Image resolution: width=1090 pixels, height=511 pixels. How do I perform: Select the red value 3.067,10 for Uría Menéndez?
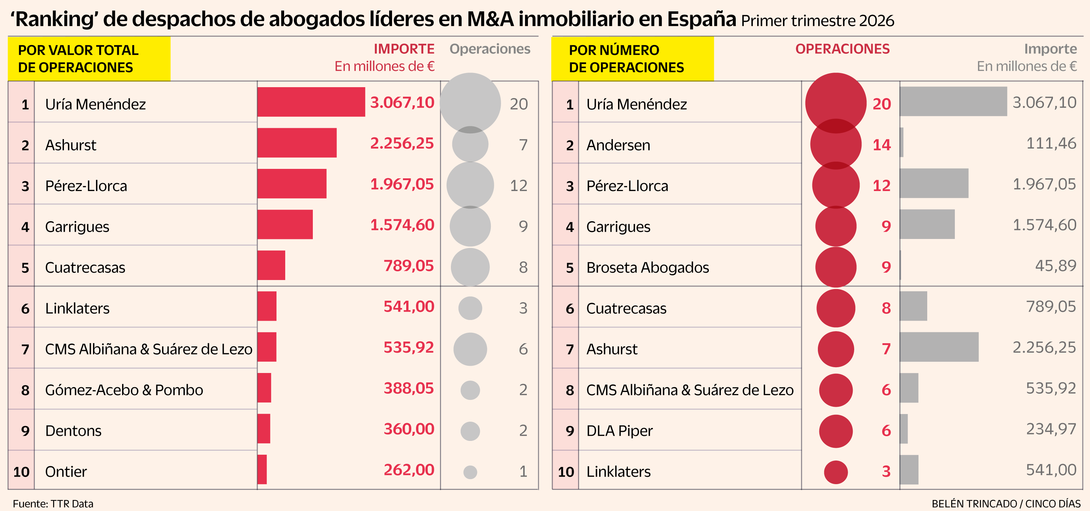(401, 103)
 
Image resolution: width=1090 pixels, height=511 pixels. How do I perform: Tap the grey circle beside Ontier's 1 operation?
(470, 472)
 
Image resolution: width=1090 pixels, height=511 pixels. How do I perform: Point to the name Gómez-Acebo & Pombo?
(124, 390)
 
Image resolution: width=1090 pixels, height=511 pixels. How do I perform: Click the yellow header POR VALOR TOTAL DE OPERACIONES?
(89, 59)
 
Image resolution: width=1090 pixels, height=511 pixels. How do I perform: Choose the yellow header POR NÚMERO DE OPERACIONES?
(632, 59)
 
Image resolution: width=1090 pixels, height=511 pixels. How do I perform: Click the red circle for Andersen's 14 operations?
(836, 145)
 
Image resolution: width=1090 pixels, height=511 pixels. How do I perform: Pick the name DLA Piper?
(619, 431)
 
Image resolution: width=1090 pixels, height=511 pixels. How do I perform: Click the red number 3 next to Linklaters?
(886, 471)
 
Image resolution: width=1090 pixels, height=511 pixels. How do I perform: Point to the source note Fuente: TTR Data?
(53, 503)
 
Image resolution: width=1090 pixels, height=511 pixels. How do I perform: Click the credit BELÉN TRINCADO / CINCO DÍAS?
(1006, 503)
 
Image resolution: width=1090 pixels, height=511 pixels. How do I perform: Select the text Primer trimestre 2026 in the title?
(817, 21)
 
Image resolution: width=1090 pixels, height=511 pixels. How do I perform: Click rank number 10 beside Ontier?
(21, 472)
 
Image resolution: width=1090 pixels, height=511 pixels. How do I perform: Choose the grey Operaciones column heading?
(489, 49)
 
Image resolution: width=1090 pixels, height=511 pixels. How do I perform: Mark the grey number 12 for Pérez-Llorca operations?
(518, 186)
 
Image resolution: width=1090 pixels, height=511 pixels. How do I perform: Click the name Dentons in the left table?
(73, 431)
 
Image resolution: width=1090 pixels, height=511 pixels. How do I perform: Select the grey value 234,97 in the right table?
(1051, 429)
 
